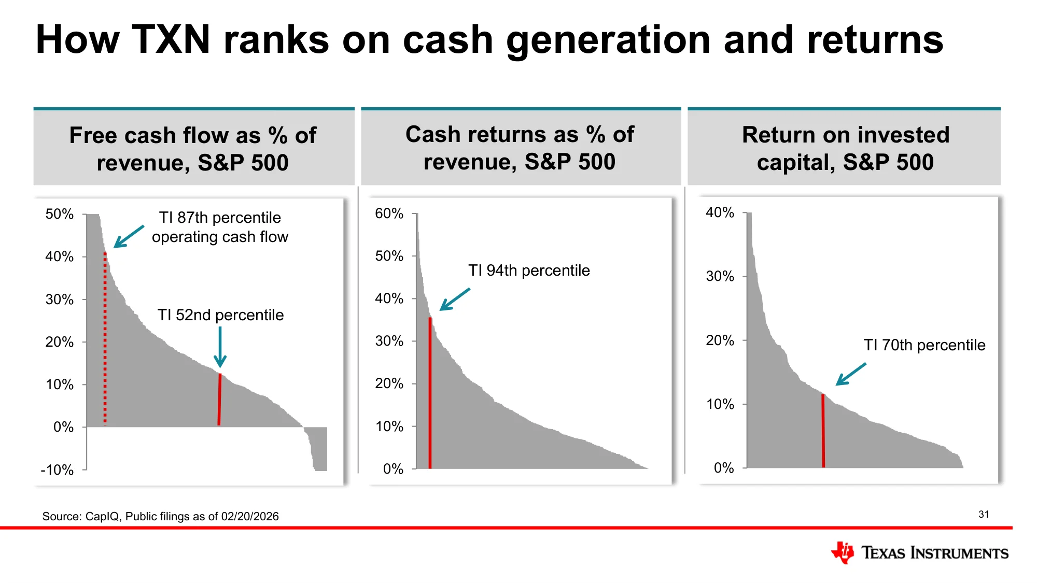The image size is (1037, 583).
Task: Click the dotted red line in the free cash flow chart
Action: (105, 339)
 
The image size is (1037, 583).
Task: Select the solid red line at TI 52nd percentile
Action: (219, 400)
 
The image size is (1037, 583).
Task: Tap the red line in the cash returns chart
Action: (430, 393)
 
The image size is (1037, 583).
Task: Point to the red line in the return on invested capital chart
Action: (823, 431)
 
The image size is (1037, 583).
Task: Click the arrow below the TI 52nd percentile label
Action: (220, 347)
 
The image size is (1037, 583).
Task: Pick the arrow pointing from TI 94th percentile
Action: (455, 299)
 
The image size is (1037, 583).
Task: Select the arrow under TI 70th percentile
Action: (850, 374)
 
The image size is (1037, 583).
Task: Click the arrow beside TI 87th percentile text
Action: (129, 236)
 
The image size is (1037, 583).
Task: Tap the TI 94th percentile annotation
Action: (529, 271)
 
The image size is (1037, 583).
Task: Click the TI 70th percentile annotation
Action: (924, 345)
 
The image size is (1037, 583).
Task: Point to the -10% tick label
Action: (57, 470)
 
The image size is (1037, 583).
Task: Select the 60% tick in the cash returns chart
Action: (389, 214)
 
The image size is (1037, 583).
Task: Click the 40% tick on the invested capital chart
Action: (720, 212)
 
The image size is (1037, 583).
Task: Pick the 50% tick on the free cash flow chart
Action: (59, 214)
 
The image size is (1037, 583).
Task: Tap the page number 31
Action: (984, 515)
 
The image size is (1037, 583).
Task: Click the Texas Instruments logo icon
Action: (842, 552)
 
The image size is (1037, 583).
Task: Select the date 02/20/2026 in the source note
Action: (250, 517)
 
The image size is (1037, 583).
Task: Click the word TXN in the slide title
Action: (171, 39)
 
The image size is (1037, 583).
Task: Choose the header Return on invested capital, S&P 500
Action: (845, 148)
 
